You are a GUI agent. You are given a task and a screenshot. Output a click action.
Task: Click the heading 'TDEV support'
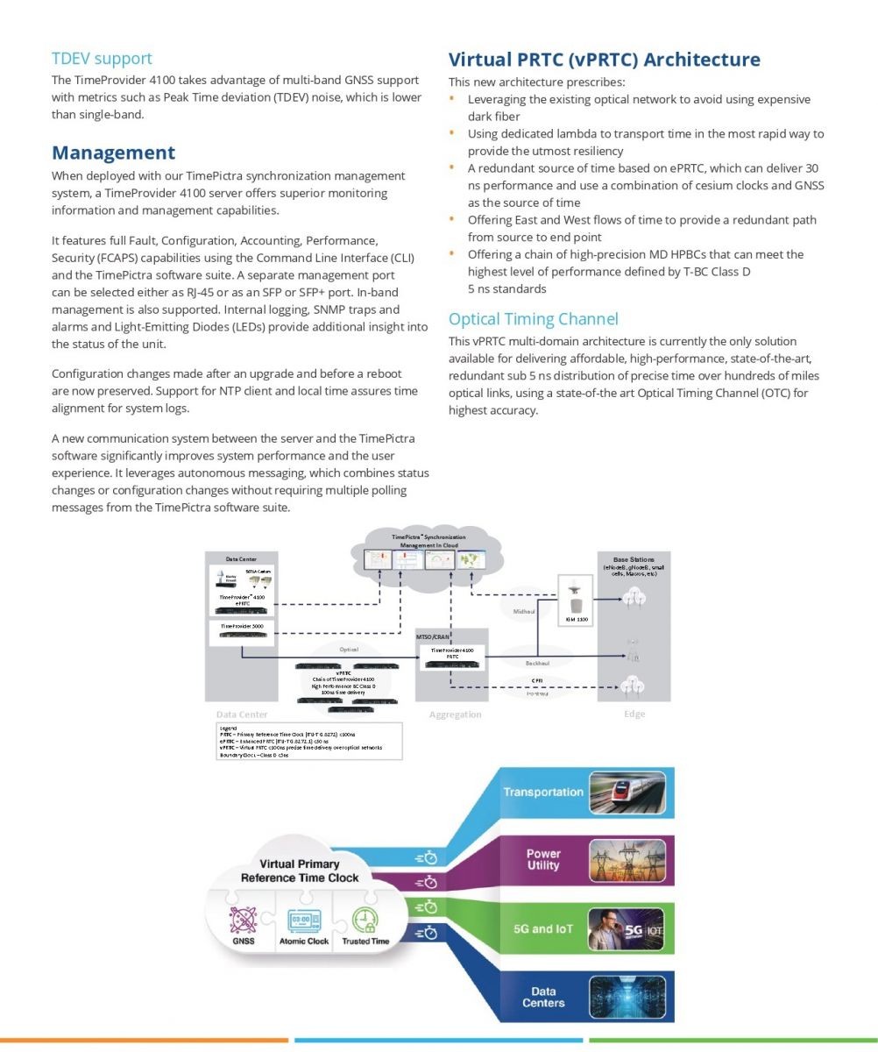point(102,59)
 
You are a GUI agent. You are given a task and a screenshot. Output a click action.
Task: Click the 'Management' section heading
point(113,153)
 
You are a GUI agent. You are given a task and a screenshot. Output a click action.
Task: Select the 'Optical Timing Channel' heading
point(533,319)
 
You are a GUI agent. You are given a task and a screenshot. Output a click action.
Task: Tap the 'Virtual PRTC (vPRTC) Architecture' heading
point(604,60)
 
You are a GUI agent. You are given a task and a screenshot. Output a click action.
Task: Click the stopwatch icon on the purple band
point(426,882)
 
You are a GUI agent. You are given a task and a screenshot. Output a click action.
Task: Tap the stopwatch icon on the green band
point(426,907)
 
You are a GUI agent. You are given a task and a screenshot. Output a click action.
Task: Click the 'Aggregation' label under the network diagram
point(455,714)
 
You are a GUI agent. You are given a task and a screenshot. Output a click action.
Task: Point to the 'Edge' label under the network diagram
point(634,714)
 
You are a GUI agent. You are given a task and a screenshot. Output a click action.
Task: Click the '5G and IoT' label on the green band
point(542,928)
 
